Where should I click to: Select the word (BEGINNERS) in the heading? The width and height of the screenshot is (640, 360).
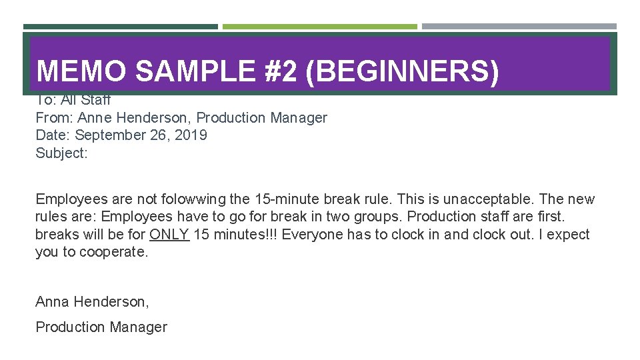click(x=401, y=71)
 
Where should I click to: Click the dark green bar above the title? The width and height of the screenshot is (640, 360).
click(x=121, y=27)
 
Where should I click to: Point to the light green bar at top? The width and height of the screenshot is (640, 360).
click(x=319, y=27)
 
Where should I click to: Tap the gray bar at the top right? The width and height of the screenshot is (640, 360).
click(x=519, y=27)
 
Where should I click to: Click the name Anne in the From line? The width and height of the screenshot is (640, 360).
click(x=95, y=118)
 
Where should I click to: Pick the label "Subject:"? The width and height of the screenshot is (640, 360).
click(x=61, y=153)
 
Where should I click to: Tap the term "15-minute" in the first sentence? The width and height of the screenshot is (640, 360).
click(x=284, y=199)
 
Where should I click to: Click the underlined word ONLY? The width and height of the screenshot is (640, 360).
click(x=169, y=235)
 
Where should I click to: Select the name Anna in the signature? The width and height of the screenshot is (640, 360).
click(x=52, y=302)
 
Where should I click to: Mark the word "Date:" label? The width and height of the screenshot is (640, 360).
click(x=53, y=135)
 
